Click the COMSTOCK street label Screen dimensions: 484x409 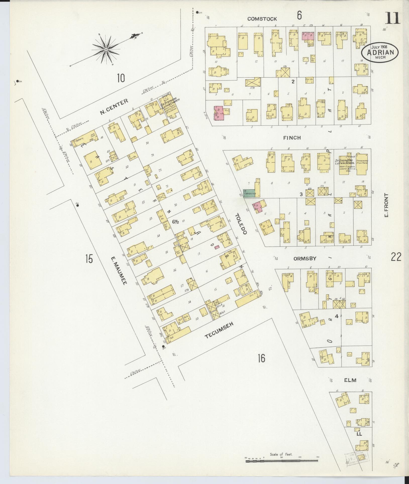262,19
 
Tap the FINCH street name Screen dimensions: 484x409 292,138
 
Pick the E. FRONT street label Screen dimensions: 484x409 386,205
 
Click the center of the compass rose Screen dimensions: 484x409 106,49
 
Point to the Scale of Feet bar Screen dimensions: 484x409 282,461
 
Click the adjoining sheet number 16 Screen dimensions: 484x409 261,358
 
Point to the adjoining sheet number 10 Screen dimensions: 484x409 120,78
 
